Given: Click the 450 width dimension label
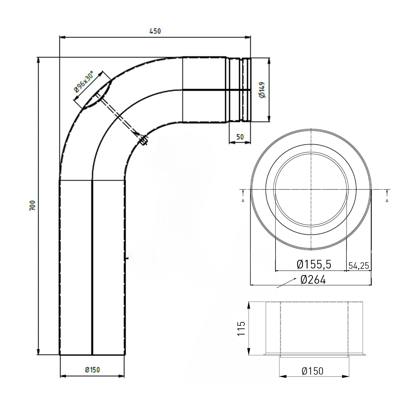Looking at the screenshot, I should [155, 31].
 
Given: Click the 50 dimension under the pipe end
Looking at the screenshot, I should [240, 137].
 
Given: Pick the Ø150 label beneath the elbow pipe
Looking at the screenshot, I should [92, 369].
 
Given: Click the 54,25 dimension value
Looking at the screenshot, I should [359, 266].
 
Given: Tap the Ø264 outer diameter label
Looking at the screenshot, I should [313, 280].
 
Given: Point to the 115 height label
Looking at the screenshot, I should [241, 328].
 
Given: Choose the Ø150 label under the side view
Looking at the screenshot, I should [312, 371].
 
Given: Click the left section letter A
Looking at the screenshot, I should [243, 201].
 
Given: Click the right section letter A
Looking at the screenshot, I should [387, 201].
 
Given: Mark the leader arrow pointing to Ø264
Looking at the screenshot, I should [286, 283].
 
